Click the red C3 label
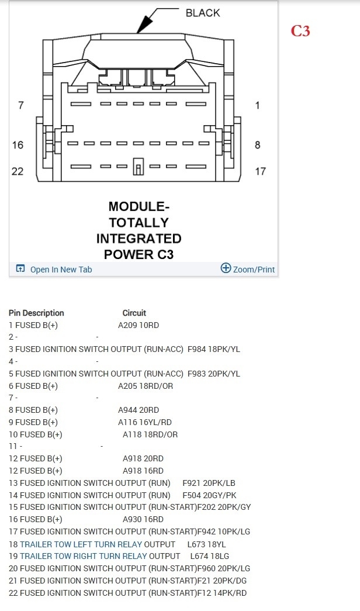tap(300, 31)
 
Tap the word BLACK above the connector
tap(203, 13)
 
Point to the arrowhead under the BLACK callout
tap(142, 26)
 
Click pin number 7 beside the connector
tap(21, 105)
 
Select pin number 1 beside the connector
tap(258, 105)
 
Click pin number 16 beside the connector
tap(18, 145)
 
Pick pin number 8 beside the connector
tap(258, 145)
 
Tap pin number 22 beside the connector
tap(18, 171)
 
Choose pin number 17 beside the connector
tap(260, 171)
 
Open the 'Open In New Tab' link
tap(61, 270)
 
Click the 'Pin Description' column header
tap(36, 313)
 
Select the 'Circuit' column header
tap(134, 313)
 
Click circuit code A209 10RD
tap(139, 325)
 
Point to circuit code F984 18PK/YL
tap(214, 350)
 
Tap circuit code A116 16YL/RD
tap(145, 422)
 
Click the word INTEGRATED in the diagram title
tap(139, 239)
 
